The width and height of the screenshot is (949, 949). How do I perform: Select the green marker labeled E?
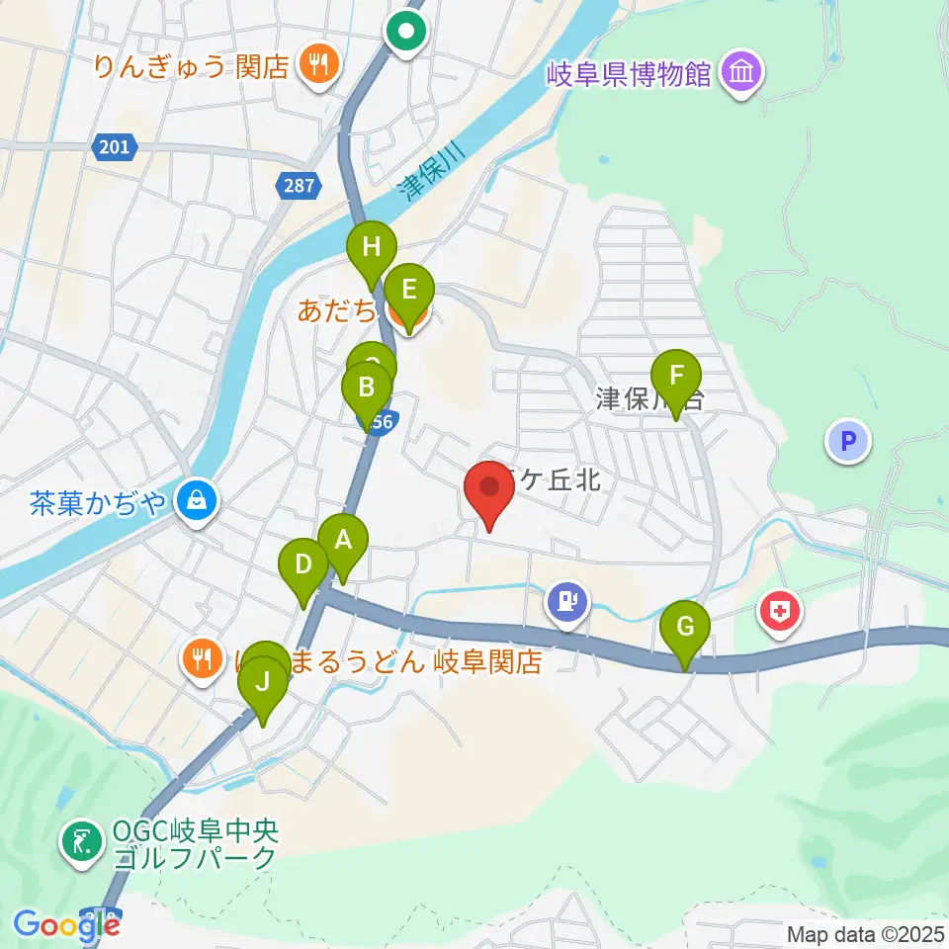[408, 292]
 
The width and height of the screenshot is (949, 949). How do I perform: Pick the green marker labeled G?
[685, 628]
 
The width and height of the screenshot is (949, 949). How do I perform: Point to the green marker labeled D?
[303, 566]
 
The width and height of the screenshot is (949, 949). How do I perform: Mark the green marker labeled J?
[263, 682]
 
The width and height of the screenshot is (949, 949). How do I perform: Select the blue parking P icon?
[847, 441]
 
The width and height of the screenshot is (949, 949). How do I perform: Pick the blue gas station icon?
[567, 599]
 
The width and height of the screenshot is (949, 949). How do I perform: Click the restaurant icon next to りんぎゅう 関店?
[318, 66]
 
